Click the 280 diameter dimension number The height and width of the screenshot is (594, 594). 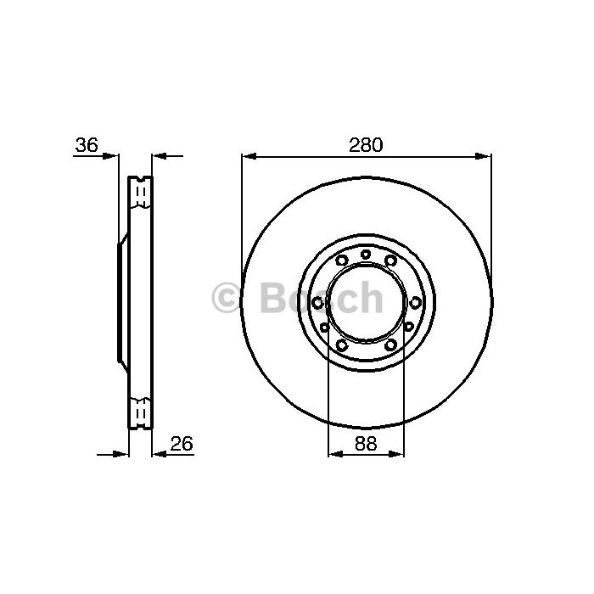tap(366, 145)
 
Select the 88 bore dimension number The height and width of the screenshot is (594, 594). tap(366, 443)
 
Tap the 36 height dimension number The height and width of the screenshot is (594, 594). tap(87, 145)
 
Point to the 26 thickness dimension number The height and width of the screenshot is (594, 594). tap(182, 444)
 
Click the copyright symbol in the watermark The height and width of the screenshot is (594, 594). tap(226, 299)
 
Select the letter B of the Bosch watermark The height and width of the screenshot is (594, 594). tap(272, 299)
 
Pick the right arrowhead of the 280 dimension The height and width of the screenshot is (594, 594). tap(484, 156)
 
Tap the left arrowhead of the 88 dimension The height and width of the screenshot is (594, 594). tap(336, 453)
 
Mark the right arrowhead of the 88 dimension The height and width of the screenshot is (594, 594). tap(396, 453)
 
